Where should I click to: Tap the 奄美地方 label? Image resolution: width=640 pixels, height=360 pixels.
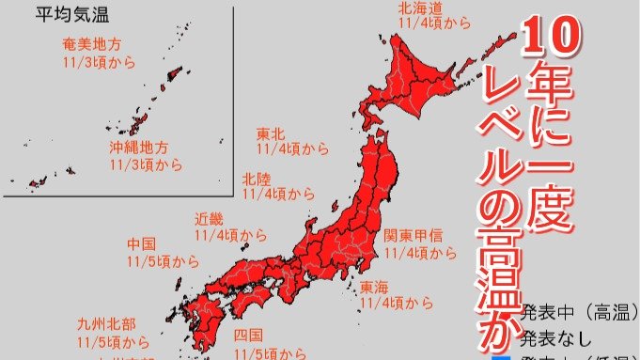pos(91,45)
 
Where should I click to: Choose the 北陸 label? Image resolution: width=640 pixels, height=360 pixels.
pos(257,178)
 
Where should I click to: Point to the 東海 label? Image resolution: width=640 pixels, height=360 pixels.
pos(374,287)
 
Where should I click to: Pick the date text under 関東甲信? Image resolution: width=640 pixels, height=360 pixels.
pos(420,253)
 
